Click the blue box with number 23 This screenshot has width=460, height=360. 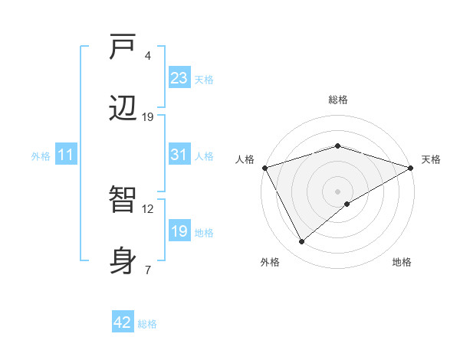tap(179, 78)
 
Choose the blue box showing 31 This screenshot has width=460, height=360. tap(179, 155)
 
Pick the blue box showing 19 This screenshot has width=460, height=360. tap(179, 231)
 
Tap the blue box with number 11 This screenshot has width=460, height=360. tap(66, 155)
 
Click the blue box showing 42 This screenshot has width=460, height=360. tap(123, 322)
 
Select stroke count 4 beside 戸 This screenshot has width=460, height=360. tap(148, 56)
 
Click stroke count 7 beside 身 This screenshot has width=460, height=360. tap(148, 270)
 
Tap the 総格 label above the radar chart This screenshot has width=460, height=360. tap(338, 100)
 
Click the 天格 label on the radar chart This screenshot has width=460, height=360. tap(431, 159)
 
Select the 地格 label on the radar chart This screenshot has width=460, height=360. tap(402, 262)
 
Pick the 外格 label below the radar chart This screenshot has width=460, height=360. tap(270, 262)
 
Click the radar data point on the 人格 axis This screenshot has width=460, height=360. tap(264, 168)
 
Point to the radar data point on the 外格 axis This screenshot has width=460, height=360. tap(302, 241)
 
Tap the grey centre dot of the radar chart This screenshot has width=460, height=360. tap(338, 191)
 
